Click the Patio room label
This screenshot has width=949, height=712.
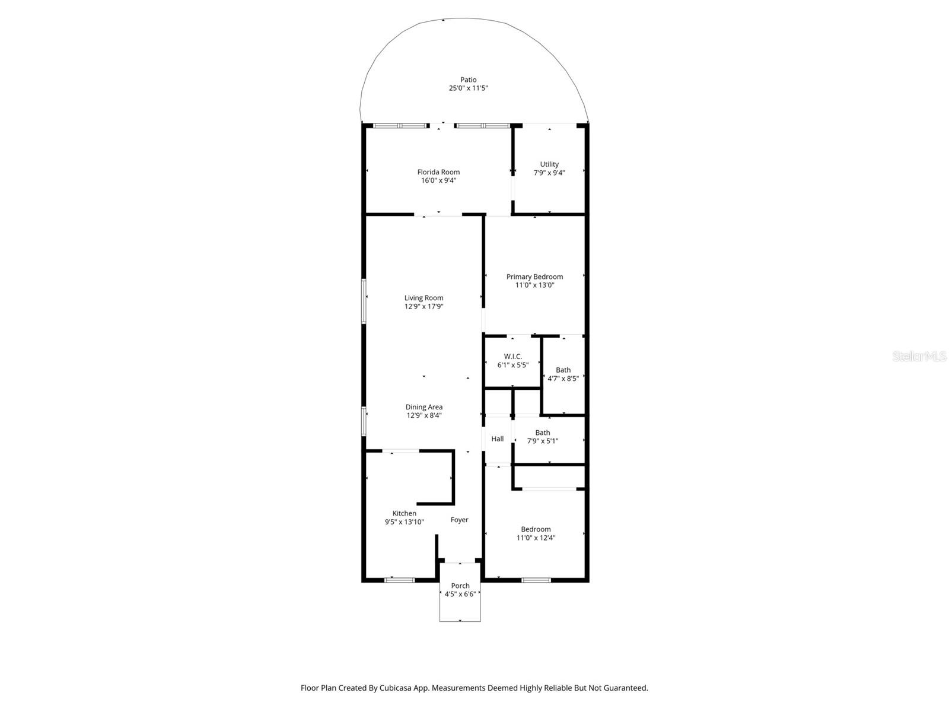coord(468,80)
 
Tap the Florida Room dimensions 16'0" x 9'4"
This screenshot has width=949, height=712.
coord(438,180)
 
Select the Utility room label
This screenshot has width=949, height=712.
coord(549,164)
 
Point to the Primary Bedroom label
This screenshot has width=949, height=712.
coord(534,276)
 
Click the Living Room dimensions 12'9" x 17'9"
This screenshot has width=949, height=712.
coord(423,307)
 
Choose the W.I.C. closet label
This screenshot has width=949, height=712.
coord(512,357)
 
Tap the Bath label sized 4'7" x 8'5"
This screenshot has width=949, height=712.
coord(563,370)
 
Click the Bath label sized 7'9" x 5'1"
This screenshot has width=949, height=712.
coord(542,433)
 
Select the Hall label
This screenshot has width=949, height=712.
coord(497,439)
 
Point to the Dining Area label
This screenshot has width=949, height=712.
coord(423,407)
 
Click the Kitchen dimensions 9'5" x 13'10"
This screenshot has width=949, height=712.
coord(404,522)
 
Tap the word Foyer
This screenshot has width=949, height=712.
coord(459,520)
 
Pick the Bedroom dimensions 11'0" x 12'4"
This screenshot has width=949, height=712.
coord(536,538)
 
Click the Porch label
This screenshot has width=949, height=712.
coord(460,586)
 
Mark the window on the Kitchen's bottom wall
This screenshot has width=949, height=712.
coord(399,580)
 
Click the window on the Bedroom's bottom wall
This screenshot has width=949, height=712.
coord(536,580)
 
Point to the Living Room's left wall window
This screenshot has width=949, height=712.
coord(364,301)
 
